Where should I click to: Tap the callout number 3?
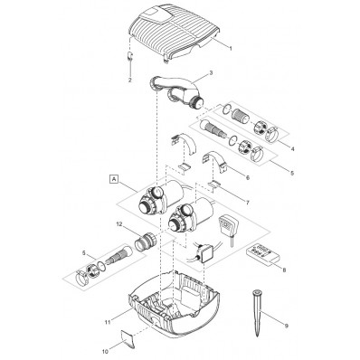[211, 72]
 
